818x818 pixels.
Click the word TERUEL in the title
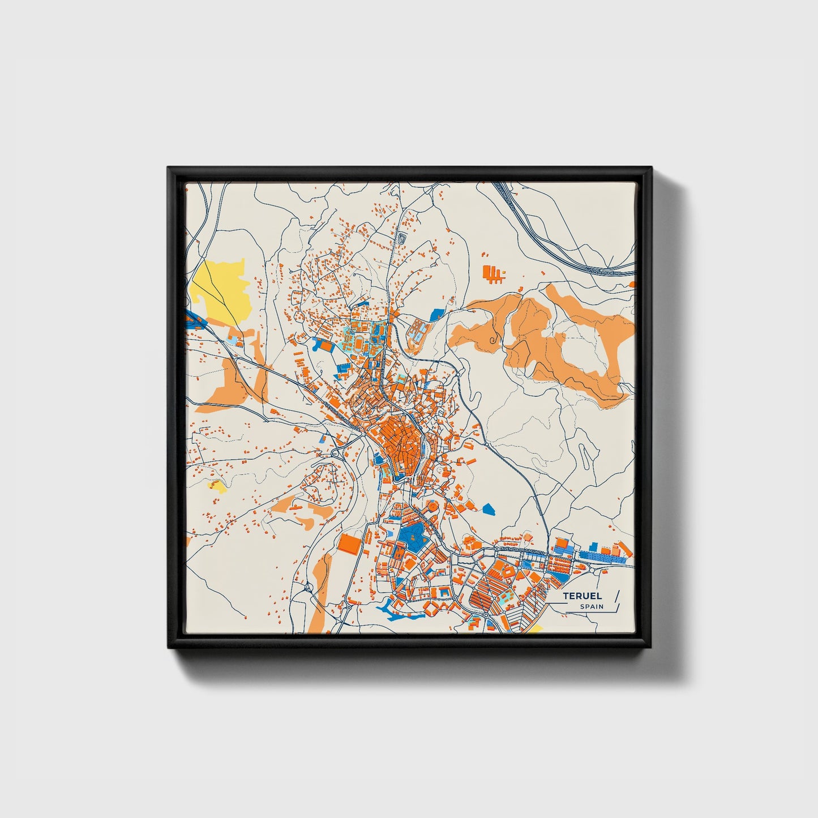tap(583, 596)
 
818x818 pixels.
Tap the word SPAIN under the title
tap(591, 607)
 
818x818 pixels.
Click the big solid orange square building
tap(350, 544)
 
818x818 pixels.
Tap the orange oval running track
tap(360, 342)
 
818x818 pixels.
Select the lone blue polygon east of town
tap(489, 509)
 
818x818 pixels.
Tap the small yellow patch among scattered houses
tap(217, 485)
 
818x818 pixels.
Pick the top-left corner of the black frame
tap(169, 169)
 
